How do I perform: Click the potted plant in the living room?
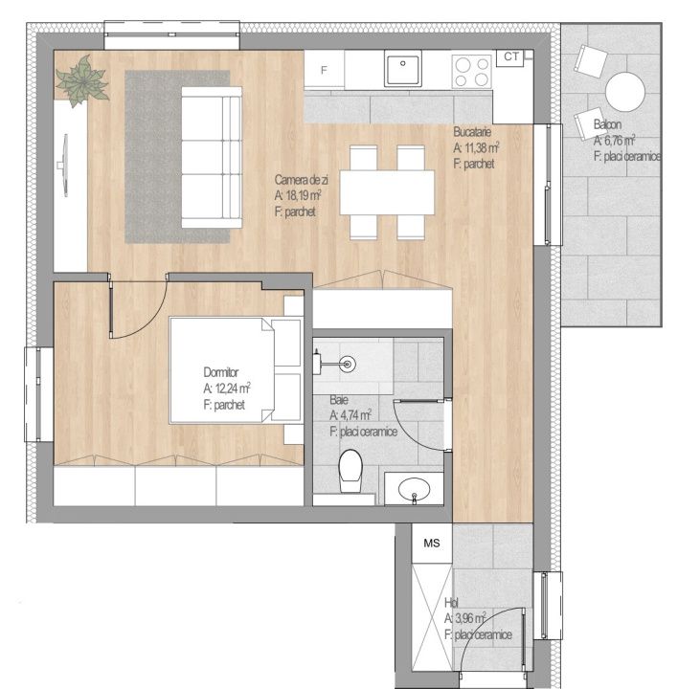[x=81, y=80]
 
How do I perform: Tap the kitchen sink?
[x=403, y=68]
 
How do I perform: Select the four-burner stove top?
[x=471, y=71]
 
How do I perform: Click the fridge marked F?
[x=324, y=70]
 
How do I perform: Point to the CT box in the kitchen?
[x=510, y=57]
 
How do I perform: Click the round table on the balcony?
[x=624, y=92]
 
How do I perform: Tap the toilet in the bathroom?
[x=350, y=471]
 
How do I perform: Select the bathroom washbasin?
[x=415, y=490]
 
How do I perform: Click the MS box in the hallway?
[x=432, y=544]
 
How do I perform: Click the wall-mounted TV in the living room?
[x=64, y=166]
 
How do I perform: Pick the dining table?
[x=387, y=192]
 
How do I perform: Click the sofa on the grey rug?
[x=212, y=157]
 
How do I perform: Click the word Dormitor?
[x=220, y=372]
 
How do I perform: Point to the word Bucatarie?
[x=472, y=131]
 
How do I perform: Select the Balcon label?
[x=607, y=124]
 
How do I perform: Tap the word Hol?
[x=451, y=603]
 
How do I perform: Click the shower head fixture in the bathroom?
[x=348, y=364]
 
